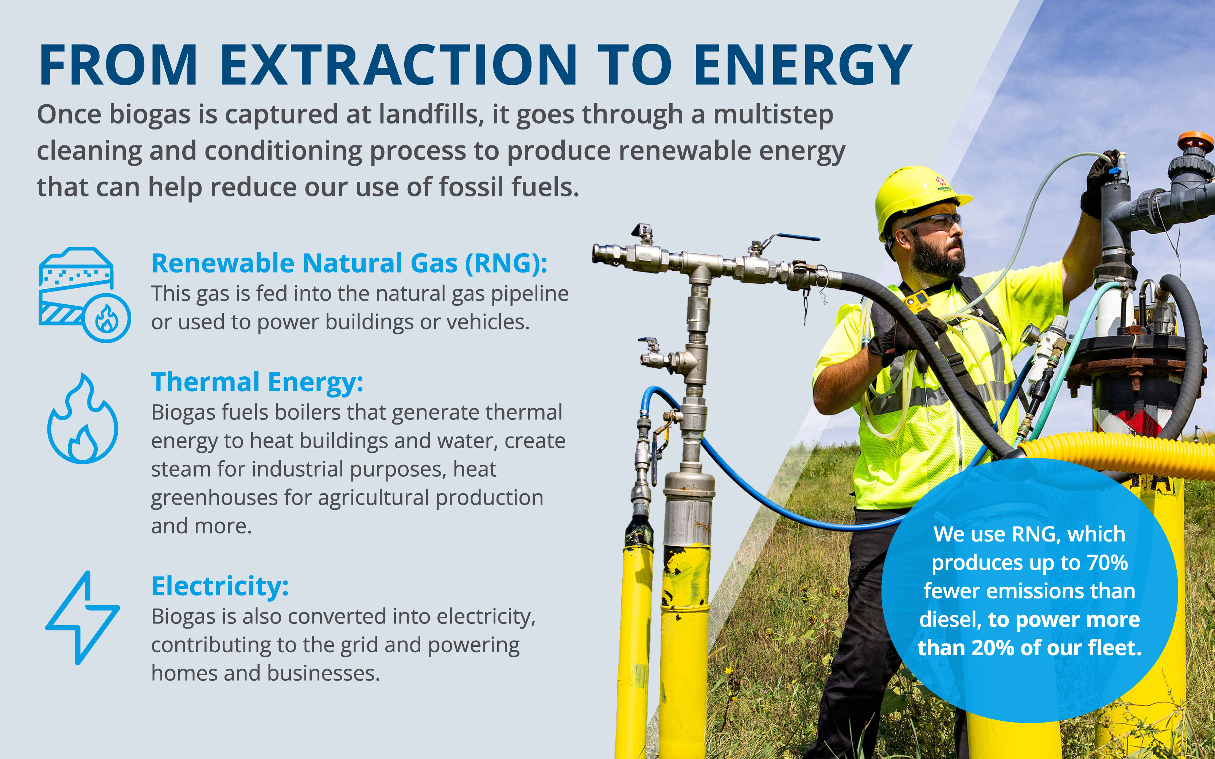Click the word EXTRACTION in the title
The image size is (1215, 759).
[x=398, y=65]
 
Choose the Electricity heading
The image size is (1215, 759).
[x=220, y=586]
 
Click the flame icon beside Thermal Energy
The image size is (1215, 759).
[x=83, y=419]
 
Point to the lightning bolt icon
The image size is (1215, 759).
[x=83, y=618]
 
